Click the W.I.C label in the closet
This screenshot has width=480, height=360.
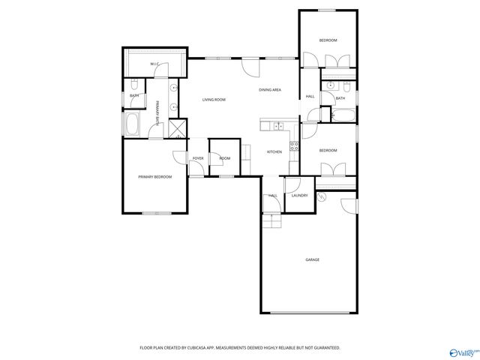pos(154,64)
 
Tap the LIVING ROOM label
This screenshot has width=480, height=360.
pos(214,99)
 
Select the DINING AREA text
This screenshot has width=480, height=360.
pos(270,90)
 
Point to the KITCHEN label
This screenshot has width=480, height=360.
pos(274,152)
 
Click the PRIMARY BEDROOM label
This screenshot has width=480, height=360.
pos(155,177)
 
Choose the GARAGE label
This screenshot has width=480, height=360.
pos(312,259)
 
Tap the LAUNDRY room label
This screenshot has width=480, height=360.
pos(299,196)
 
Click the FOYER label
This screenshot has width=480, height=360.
pos(198,159)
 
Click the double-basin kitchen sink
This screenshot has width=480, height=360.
pos(276,125)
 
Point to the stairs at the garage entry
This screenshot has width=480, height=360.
pos(271,221)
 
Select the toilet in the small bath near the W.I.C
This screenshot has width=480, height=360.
pos(134,84)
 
